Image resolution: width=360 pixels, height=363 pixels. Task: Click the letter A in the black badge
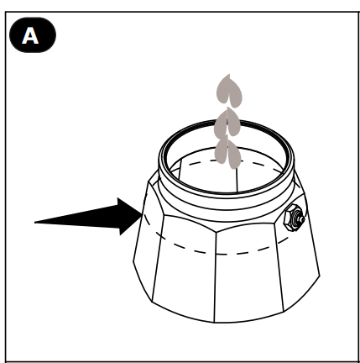[x=30, y=35]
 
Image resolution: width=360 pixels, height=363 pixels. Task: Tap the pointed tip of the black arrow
[x=143, y=214]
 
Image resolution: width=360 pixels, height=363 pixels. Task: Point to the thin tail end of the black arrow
[x=34, y=223]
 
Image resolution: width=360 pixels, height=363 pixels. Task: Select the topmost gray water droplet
[x=229, y=91]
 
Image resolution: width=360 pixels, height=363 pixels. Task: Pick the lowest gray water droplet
[x=227, y=153]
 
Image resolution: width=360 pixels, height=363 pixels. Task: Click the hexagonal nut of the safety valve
[x=291, y=218]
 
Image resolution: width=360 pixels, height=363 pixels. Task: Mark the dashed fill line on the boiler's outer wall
[x=216, y=253]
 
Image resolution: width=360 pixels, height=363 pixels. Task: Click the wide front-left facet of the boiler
[x=184, y=269]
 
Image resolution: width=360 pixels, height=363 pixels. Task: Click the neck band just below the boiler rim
[x=226, y=208]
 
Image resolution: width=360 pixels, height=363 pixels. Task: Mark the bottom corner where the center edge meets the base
[x=215, y=323]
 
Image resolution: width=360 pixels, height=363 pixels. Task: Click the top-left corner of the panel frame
[x=6, y=12]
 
